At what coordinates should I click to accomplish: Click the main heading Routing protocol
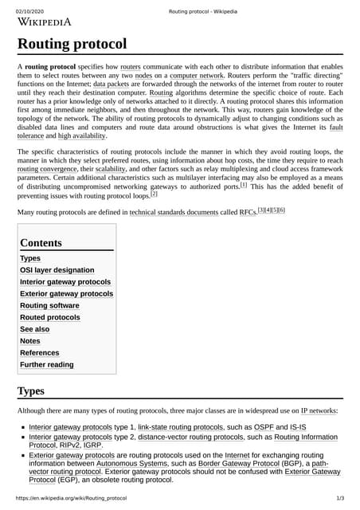coord(72,44)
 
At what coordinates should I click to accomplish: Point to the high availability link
coord(82,136)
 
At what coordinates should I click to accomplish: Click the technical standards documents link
coord(174,213)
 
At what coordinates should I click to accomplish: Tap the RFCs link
coord(248,213)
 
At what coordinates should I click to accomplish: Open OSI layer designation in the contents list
coord(57,270)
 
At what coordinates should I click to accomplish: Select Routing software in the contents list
coord(49,305)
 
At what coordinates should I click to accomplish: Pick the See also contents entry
coord(34,329)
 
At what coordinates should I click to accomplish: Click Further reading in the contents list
coord(46,364)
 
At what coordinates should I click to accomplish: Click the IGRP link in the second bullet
coord(100,446)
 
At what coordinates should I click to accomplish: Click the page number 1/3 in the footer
coord(340,498)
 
